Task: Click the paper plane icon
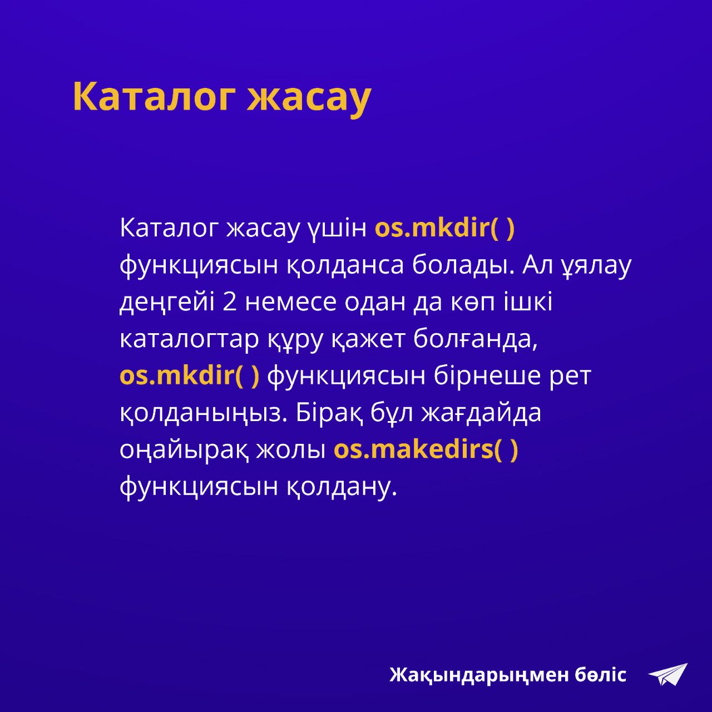pos(667,675)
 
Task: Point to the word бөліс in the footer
pos(600,674)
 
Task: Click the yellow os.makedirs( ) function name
pos(426,450)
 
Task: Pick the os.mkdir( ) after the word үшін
pos(444,229)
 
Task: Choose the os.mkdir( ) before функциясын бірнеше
pos(190,376)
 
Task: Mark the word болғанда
pos(475,340)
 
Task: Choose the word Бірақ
pos(328,414)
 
